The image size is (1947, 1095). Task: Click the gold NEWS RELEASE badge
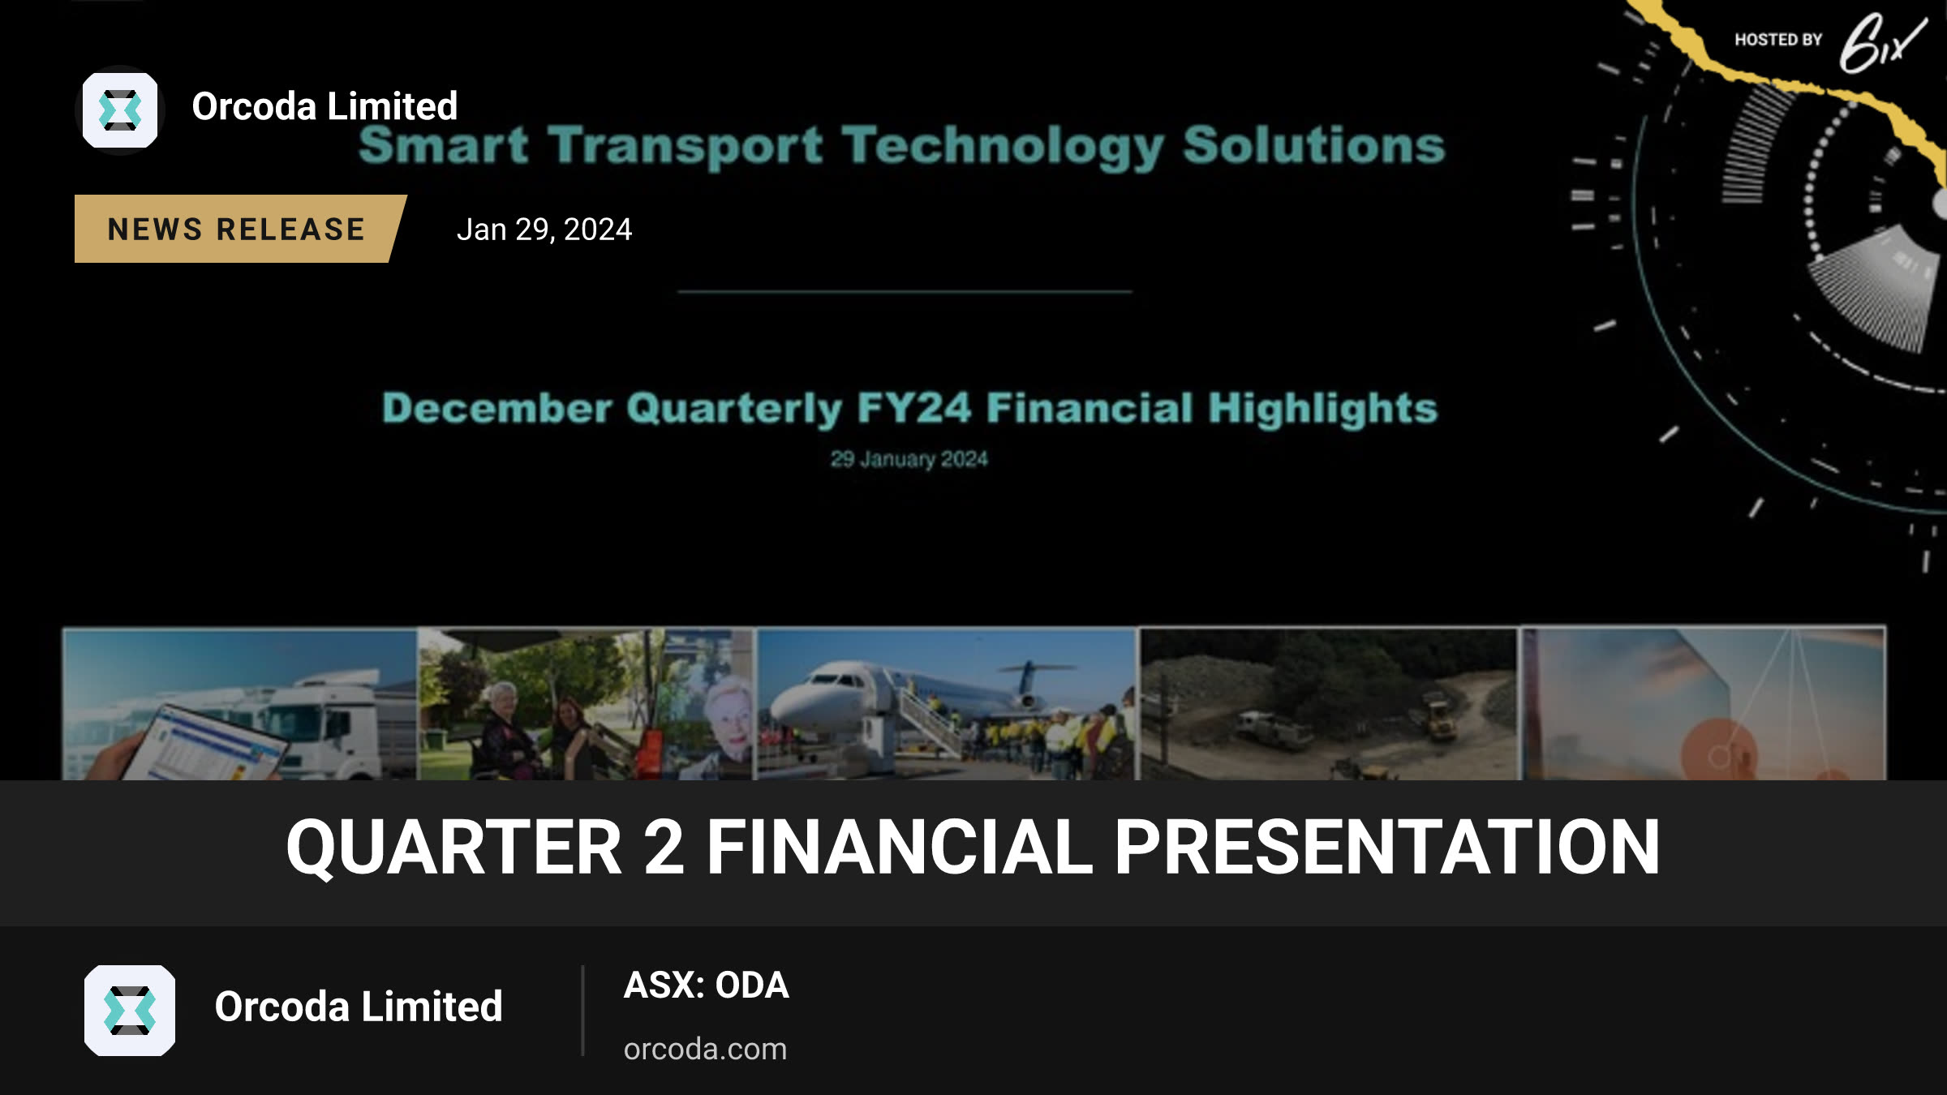tap(239, 229)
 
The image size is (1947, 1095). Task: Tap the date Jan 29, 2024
tap(544, 230)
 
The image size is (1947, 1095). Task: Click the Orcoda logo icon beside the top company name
tap(120, 110)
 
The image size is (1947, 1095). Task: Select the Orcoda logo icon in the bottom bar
tap(130, 1011)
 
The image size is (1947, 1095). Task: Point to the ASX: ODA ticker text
tap(706, 985)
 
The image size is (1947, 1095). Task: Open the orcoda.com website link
tap(705, 1049)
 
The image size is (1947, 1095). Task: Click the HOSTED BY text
tap(1778, 40)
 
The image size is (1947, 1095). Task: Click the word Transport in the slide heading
tap(686, 146)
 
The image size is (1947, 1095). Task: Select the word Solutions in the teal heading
tap(1314, 146)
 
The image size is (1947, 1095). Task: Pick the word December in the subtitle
tap(496, 408)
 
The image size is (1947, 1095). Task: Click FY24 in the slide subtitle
tap(913, 407)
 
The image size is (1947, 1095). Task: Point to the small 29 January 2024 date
tap(909, 459)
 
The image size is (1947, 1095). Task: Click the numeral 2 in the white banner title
tap(664, 848)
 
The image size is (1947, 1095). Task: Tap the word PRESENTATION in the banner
tap(1386, 848)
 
